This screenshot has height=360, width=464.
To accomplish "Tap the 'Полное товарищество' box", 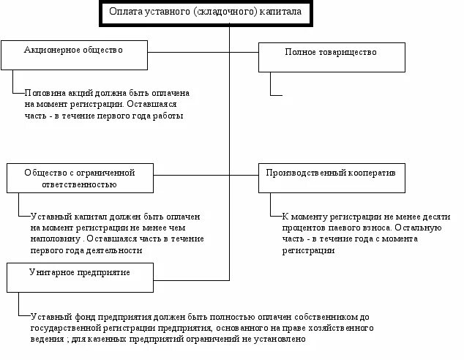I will coord(331,57).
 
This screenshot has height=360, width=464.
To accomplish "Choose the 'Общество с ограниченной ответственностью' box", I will coord(81,179).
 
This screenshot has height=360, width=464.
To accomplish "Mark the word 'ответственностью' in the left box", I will coord(81,184).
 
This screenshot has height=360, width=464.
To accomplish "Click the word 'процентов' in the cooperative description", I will coord(303,228).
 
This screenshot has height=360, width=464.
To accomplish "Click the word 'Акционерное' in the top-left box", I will coord(49,50).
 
